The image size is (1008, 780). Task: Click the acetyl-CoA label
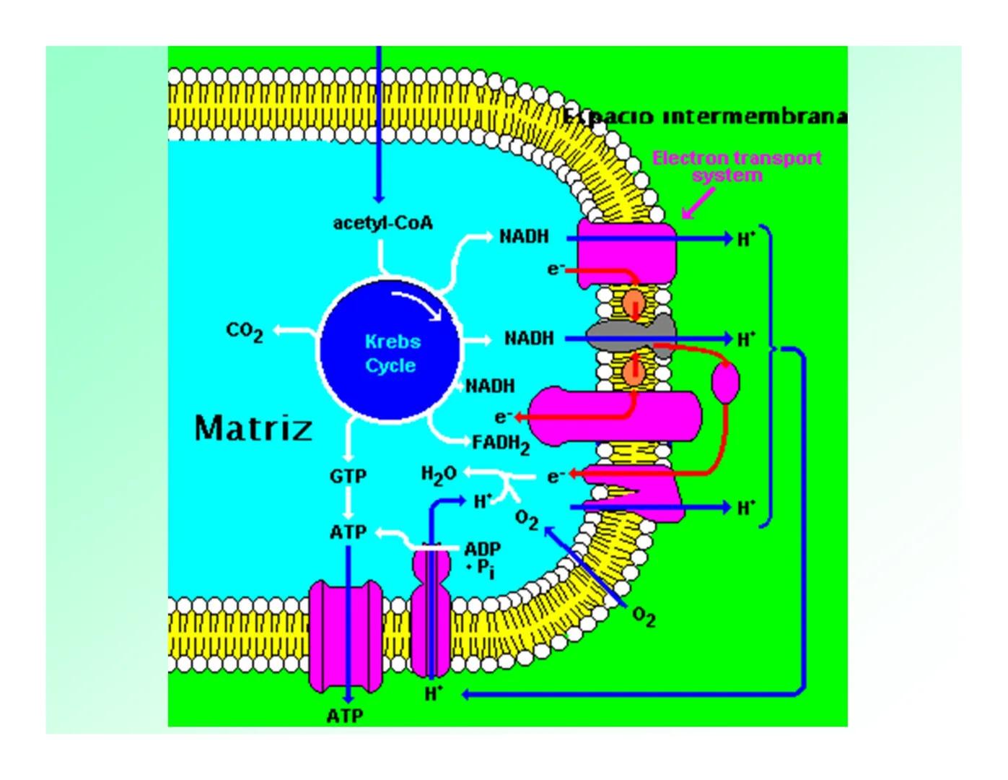(x=382, y=223)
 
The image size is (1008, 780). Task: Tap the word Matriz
(x=253, y=428)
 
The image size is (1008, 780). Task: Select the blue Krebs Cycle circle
(x=390, y=350)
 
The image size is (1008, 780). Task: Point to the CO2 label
(x=245, y=331)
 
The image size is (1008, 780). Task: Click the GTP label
(x=348, y=477)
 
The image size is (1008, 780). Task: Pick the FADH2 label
(x=501, y=443)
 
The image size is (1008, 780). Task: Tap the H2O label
(x=439, y=474)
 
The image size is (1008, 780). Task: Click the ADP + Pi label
(x=482, y=558)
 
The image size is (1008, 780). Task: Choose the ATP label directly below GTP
(x=348, y=532)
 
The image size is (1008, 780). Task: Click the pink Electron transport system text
(x=737, y=166)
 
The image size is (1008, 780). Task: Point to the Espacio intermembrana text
(x=704, y=117)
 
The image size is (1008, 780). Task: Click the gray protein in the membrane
(x=631, y=334)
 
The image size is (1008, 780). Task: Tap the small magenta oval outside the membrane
(x=725, y=383)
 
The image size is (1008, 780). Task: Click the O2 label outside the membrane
(x=644, y=617)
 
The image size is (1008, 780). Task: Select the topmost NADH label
(x=525, y=236)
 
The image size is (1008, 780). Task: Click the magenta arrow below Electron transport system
(x=698, y=203)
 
